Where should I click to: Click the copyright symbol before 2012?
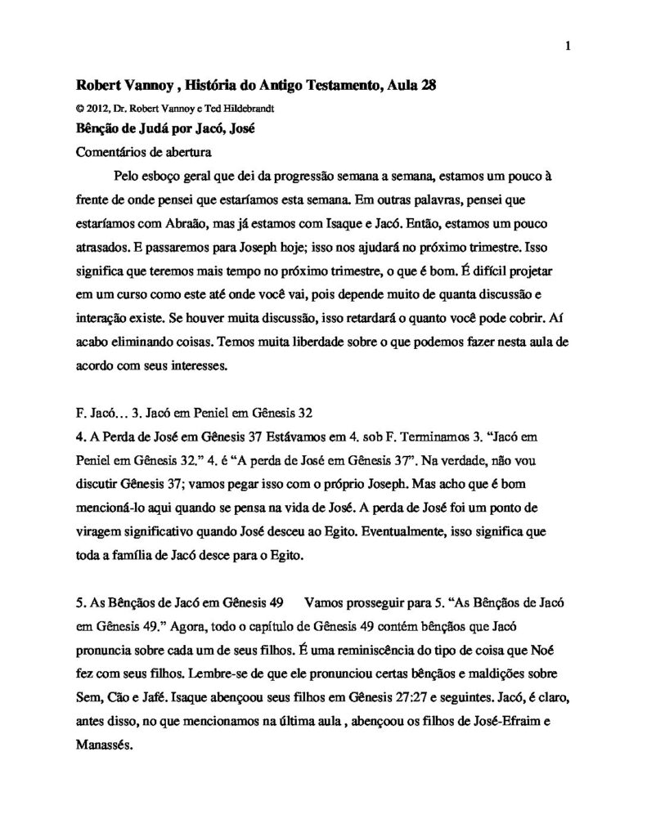(x=79, y=107)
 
